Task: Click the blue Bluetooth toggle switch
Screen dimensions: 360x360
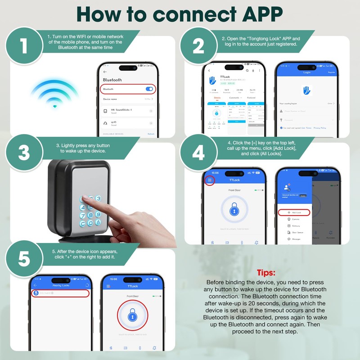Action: (x=149, y=89)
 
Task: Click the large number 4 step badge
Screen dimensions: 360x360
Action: (x=198, y=153)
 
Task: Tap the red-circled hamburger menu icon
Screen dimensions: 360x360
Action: (x=209, y=180)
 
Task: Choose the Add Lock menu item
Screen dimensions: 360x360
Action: (x=294, y=212)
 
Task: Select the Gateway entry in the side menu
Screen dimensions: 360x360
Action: (x=296, y=226)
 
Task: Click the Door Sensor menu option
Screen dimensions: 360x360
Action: (x=297, y=233)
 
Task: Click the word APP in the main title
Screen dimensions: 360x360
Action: (x=255, y=14)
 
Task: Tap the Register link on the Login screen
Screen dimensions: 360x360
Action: (x=332, y=72)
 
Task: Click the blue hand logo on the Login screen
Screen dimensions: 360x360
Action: (x=307, y=90)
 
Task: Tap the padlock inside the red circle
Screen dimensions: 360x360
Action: (x=132, y=316)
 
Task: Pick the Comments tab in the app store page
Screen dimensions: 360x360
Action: (x=234, y=97)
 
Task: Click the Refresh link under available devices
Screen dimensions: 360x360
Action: (x=151, y=134)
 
